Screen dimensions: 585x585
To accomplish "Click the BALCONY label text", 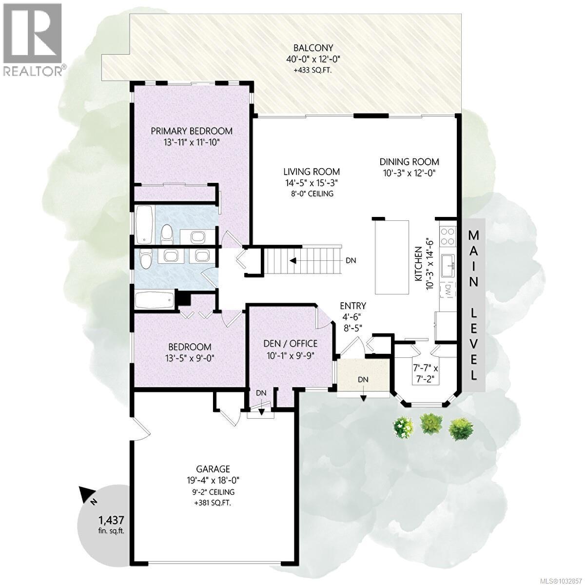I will pos(313,48).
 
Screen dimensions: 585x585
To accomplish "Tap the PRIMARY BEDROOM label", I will pos(191,131).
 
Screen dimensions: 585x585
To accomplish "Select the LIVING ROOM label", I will pos(312,172).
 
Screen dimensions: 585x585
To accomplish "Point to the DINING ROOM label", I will pos(409,162).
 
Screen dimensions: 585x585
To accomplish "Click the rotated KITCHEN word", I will pos(418,264).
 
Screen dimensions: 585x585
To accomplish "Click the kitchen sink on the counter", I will pos(448,265).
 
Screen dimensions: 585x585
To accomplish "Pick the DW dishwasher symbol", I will pos(447,291).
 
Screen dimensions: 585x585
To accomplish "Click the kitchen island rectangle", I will pos(392,257).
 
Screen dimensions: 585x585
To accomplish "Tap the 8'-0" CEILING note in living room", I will pos(312,194).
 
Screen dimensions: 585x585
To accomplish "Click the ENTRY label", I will pos(353,306).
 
